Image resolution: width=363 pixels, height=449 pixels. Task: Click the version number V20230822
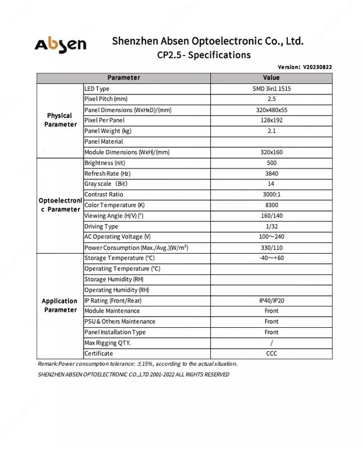pyautogui.click(x=317, y=67)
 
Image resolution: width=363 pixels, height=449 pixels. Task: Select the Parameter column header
pyautogui.click(x=123, y=77)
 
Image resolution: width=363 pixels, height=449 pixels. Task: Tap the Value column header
pyautogui.click(x=271, y=77)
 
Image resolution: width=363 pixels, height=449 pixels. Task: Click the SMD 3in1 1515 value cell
pyautogui.click(x=271, y=89)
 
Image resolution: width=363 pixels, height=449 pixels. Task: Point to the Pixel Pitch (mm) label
pyautogui.click(x=106, y=99)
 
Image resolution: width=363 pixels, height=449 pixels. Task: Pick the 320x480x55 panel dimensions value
pyautogui.click(x=271, y=110)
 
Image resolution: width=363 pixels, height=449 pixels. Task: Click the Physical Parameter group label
pyautogui.click(x=59, y=120)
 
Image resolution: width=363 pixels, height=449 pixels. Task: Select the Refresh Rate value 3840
pyautogui.click(x=271, y=173)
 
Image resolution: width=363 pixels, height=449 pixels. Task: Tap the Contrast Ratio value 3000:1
pyautogui.click(x=271, y=195)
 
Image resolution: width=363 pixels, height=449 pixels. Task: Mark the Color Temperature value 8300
pyautogui.click(x=271, y=205)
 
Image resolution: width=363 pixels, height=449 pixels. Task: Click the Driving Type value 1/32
pyautogui.click(x=271, y=226)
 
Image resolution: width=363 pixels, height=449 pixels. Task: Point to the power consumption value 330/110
pyautogui.click(x=271, y=248)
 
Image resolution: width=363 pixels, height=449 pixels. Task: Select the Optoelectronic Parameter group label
pyautogui.click(x=59, y=205)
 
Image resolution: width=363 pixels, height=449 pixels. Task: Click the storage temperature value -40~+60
pyautogui.click(x=271, y=258)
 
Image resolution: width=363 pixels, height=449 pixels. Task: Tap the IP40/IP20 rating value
pyautogui.click(x=271, y=301)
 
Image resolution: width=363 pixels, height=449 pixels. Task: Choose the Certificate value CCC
pyautogui.click(x=271, y=354)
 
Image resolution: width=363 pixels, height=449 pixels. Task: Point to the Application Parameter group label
pyautogui.click(x=59, y=305)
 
